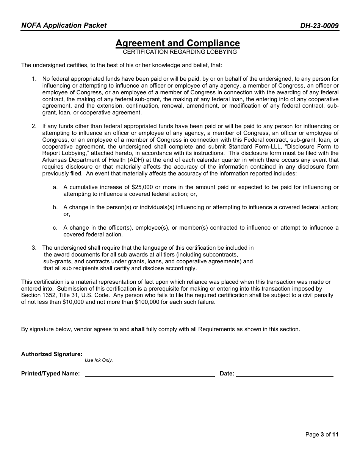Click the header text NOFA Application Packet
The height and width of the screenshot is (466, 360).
(x=64, y=25)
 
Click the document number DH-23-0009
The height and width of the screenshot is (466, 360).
(x=319, y=26)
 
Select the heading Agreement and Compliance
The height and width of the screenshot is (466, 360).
(x=177, y=43)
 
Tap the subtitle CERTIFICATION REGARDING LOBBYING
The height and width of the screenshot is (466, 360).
(x=180, y=52)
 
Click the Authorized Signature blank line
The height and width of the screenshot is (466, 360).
(x=150, y=354)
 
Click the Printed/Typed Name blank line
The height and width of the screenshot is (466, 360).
(x=150, y=374)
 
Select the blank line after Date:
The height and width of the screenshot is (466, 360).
(x=284, y=374)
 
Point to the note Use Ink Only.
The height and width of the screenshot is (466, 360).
(x=99, y=360)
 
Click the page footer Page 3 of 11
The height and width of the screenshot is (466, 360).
(x=322, y=435)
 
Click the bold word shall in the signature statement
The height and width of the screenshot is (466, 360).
(x=138, y=329)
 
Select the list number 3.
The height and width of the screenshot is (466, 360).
(x=34, y=248)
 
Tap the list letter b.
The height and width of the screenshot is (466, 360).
(x=55, y=207)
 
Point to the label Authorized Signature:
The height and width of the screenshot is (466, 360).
(x=52, y=354)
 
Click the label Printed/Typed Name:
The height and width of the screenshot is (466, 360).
(x=50, y=374)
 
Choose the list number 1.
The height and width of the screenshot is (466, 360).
(x=34, y=79)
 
